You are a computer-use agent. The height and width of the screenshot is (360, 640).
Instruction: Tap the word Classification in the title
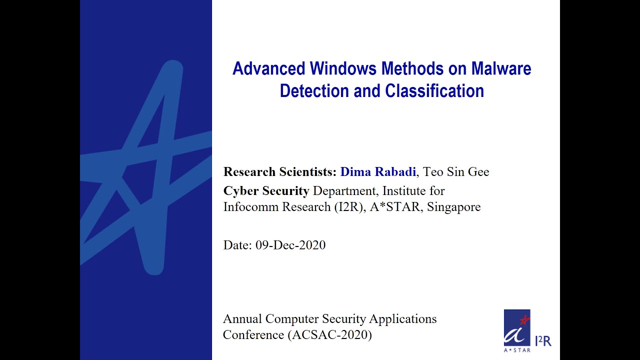tap(434, 91)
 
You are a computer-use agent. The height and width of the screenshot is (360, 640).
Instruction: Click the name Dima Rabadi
tap(378, 172)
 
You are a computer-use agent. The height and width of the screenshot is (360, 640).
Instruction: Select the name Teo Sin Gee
tap(456, 172)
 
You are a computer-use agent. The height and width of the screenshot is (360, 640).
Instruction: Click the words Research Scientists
tap(279, 172)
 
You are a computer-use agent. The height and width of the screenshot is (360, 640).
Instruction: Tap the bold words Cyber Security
tap(266, 191)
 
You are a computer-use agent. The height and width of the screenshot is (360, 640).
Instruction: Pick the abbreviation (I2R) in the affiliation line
tap(348, 207)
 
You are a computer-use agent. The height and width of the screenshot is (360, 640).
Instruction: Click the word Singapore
tap(453, 207)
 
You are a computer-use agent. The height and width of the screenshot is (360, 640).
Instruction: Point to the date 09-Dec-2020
tap(290, 245)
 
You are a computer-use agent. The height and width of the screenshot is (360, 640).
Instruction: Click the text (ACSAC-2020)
tap(330, 335)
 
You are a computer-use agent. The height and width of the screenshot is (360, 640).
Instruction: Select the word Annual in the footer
tap(242, 319)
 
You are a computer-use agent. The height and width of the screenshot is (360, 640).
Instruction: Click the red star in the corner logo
tap(524, 318)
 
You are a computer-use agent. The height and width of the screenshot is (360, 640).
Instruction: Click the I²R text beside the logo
tap(543, 341)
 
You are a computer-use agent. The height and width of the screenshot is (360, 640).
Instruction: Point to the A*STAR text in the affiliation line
tap(395, 207)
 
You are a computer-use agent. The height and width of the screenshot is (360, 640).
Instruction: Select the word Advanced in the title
tap(269, 68)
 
